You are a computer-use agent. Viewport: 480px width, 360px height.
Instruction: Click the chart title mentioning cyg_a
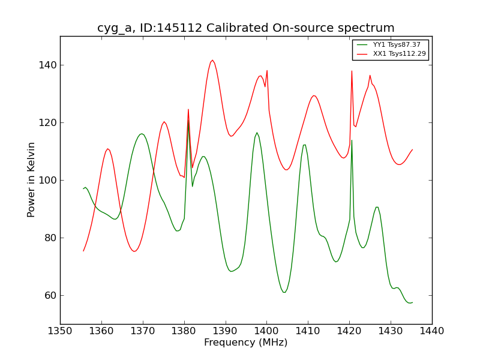coord(246,28)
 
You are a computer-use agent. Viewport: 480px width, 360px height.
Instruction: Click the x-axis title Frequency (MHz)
coord(246,343)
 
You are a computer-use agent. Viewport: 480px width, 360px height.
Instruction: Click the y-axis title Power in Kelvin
coord(31,179)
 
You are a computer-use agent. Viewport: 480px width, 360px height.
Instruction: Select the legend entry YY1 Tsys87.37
coord(397,45)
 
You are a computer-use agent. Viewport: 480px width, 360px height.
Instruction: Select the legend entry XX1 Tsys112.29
coord(399,54)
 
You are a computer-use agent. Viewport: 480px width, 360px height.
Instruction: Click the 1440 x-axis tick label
coord(432,331)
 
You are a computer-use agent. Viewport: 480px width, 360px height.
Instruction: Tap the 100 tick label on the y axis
coord(47,180)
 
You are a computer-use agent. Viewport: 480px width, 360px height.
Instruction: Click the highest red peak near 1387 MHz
coord(212,60)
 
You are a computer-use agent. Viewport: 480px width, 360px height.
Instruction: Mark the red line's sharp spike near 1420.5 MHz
coord(352,71)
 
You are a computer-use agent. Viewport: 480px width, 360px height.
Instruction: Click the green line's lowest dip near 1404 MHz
coord(284,292)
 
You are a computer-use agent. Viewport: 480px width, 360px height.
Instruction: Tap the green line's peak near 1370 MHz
coord(142,134)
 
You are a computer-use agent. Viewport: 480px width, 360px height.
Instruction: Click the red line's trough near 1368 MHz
coord(134,251)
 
